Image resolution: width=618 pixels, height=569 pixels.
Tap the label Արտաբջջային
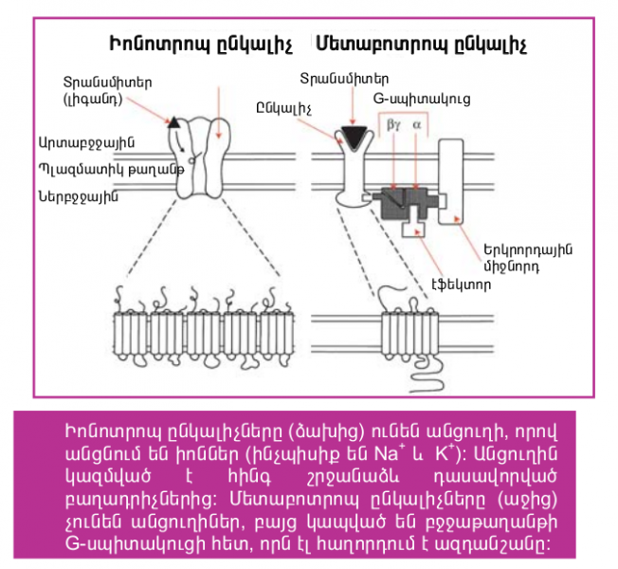pos(86,141)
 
